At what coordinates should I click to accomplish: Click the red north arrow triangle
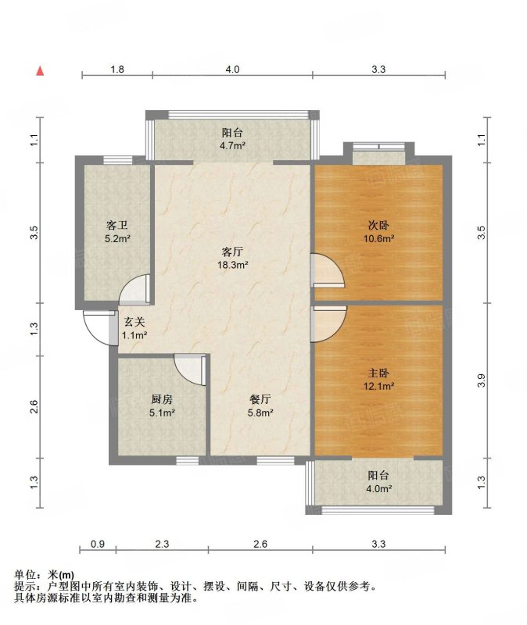pos(40,71)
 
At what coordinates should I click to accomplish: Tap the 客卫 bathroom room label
pos(117,226)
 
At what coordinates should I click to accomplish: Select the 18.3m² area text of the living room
pos(232,265)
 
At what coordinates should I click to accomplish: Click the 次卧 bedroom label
pos(378,226)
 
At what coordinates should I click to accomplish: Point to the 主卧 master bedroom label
pos(378,373)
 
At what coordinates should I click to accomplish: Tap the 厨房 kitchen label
pos(162,399)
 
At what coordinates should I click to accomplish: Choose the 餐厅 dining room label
pos(260,399)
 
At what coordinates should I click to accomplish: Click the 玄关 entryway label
pos(134,322)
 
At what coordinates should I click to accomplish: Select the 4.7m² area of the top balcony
pos(232,145)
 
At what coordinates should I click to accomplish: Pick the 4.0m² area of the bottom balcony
pos(378,488)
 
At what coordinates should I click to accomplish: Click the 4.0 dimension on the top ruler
pos(232,70)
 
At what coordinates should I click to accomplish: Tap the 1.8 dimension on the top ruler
pos(117,70)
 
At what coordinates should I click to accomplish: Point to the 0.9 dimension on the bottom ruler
pos(98,544)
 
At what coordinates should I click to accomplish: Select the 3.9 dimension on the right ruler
pos(482,380)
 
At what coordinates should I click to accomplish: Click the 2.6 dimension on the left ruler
pos(34,406)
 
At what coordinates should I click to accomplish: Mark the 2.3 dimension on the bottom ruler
pos(162,544)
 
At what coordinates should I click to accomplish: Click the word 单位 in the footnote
pos(25,575)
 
